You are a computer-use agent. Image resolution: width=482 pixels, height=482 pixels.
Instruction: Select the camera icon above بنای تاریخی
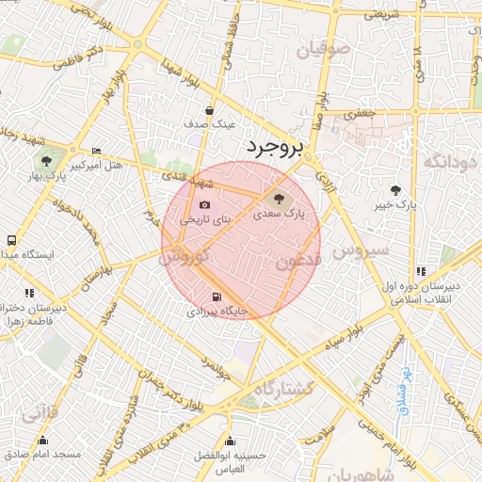204,205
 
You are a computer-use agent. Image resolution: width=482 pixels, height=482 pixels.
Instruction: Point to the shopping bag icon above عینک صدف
209,110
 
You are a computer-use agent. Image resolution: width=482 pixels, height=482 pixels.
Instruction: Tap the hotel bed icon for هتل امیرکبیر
96,152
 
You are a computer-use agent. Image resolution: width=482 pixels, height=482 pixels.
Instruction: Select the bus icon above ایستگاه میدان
10,241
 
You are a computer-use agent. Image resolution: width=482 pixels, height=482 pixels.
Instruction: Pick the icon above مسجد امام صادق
42,441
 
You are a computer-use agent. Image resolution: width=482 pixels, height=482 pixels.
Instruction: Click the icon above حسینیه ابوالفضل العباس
231,442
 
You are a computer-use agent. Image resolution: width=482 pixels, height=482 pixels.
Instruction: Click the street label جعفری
359,114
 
